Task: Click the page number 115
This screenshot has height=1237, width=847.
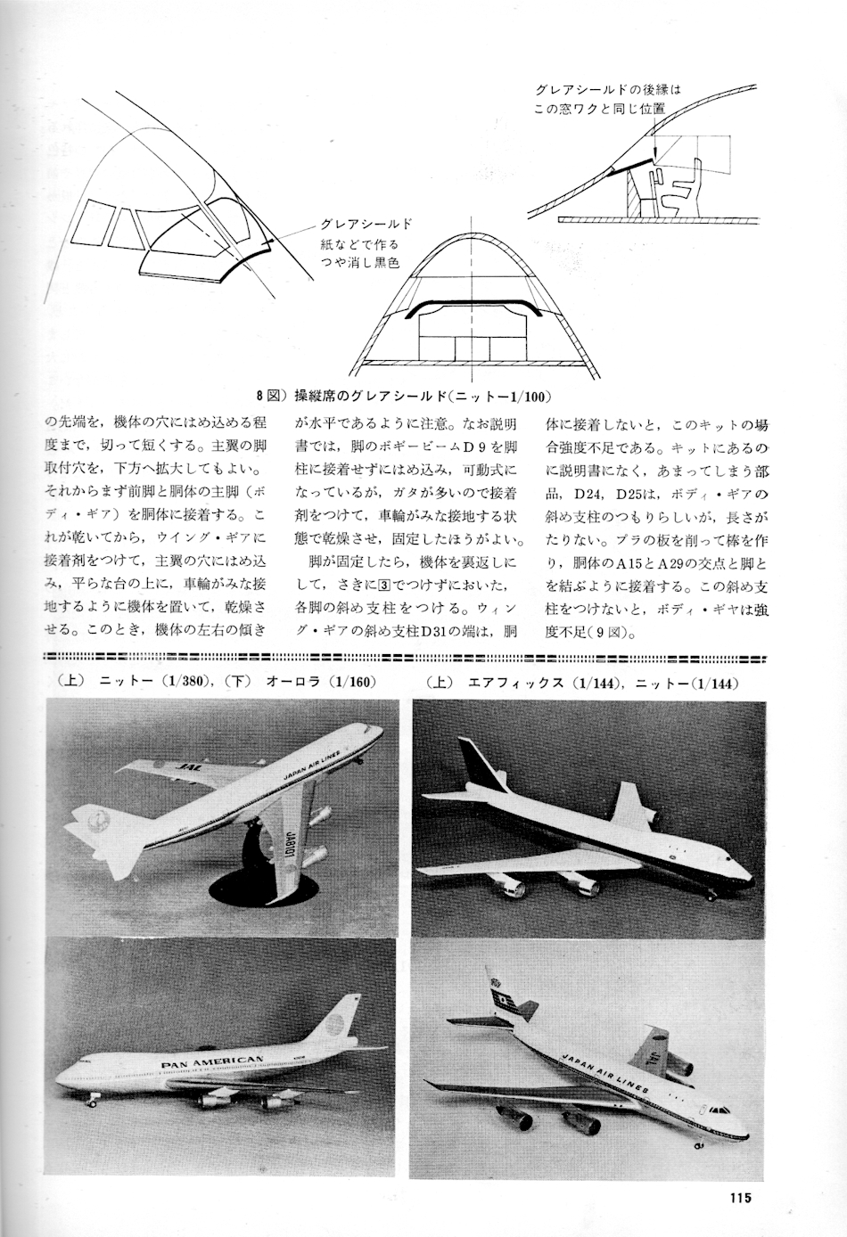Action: point(740,1197)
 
